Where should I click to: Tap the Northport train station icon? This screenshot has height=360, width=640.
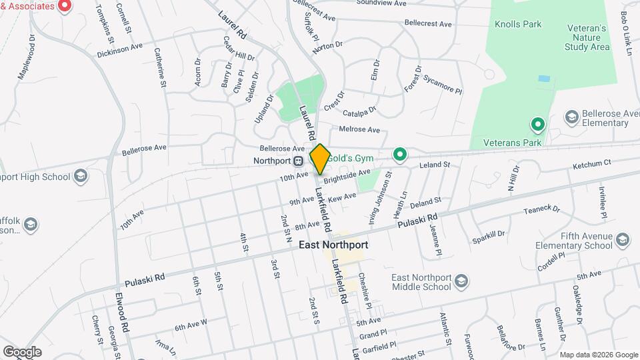tap(299, 161)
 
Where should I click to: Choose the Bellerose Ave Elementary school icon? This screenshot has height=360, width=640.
tap(571, 118)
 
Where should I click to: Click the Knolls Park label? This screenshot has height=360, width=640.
tap(518, 25)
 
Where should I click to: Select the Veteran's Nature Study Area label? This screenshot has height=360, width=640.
tap(587, 38)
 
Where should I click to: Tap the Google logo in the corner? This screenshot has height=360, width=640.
tap(22, 351)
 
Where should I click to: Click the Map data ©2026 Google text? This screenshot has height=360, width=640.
tap(597, 355)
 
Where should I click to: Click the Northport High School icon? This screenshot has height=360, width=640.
tap(81, 177)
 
